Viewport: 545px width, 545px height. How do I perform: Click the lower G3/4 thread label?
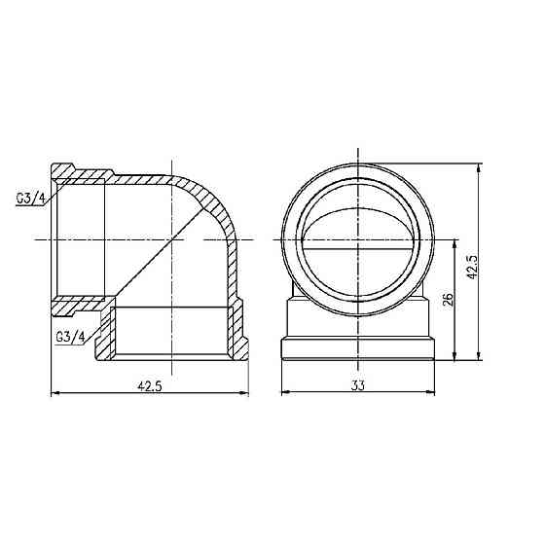point(70,337)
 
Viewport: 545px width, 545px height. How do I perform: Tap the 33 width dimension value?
point(358,384)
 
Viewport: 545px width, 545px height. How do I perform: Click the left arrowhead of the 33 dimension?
point(284,393)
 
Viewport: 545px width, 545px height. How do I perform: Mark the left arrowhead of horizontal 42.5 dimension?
point(54,393)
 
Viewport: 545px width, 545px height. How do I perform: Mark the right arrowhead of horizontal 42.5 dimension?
point(245,393)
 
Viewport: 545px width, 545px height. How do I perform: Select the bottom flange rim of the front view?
point(358,351)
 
